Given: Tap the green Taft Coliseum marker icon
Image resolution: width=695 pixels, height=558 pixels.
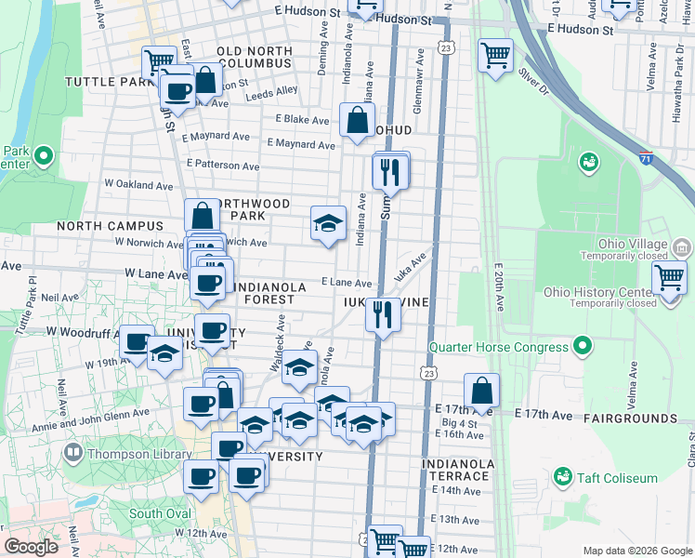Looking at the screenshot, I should click(x=561, y=477).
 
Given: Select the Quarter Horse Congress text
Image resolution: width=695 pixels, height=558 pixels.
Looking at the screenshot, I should click(x=498, y=348).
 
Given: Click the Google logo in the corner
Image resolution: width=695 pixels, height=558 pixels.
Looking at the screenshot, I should click(x=32, y=546).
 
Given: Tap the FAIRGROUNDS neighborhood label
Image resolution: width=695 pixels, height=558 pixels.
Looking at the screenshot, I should click(x=631, y=419).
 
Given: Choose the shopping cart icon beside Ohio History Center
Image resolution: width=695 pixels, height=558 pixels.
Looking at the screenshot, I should click(x=669, y=277).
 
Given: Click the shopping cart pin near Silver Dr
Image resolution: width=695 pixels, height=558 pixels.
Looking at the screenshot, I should click(x=495, y=54).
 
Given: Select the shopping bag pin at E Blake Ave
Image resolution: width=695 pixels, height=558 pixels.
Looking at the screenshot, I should click(x=357, y=119).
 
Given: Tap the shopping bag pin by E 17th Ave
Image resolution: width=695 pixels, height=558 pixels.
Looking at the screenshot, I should click(x=481, y=390).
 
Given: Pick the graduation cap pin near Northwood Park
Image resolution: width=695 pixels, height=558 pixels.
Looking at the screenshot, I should click(x=327, y=223).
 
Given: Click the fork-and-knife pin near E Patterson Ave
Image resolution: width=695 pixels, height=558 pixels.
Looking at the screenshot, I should click(x=389, y=171).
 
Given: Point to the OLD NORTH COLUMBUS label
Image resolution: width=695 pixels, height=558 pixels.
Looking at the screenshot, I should click(x=254, y=57).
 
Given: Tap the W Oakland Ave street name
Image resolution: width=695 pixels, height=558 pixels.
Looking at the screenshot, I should click(x=138, y=185).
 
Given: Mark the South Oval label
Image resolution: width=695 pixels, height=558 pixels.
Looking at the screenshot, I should click(x=159, y=513).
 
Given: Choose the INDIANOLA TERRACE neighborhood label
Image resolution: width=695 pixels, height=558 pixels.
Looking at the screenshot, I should click(x=456, y=470).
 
